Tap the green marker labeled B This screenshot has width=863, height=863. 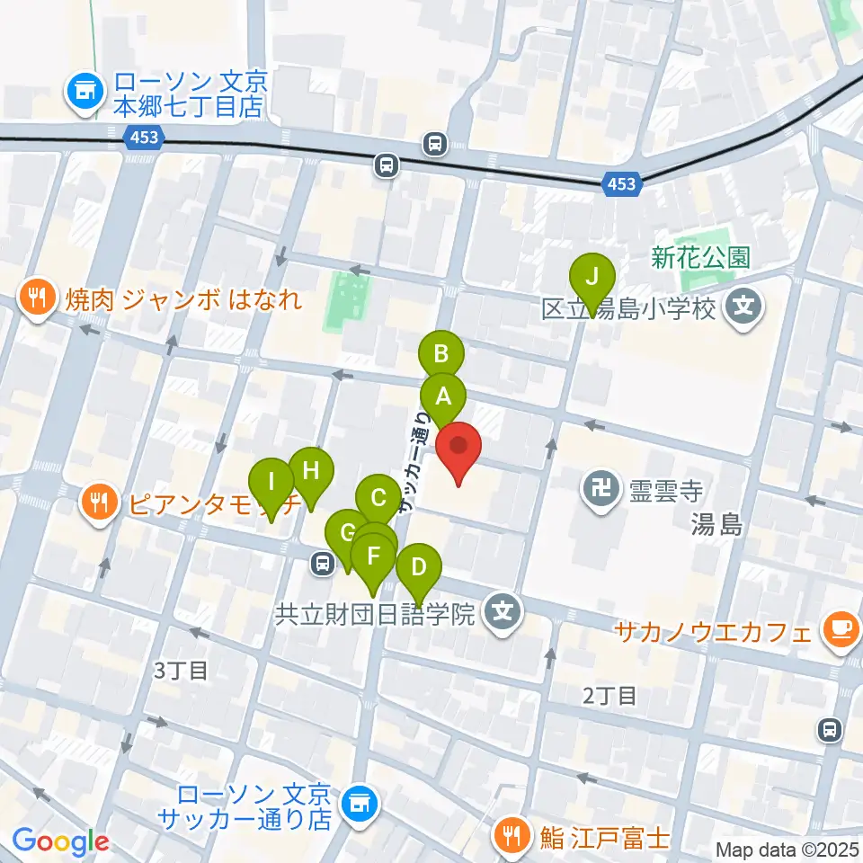(441, 354)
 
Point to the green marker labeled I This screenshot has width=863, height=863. (271, 481)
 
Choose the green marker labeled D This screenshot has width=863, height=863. (418, 568)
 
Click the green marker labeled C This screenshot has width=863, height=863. (378, 497)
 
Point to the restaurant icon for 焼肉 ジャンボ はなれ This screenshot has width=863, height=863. (37, 298)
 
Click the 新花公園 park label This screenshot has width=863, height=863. (700, 259)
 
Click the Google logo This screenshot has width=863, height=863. (60, 841)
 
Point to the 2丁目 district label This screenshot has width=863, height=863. (609, 694)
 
